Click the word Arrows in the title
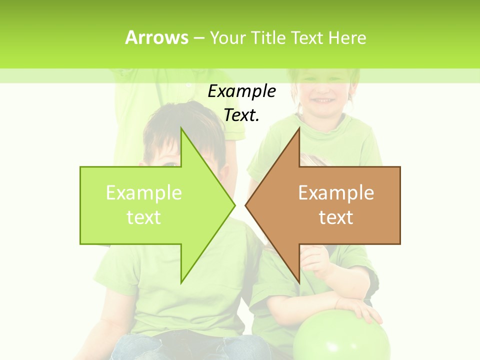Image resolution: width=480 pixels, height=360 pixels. tap(156, 37)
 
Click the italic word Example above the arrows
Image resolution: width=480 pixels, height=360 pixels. tap(241, 91)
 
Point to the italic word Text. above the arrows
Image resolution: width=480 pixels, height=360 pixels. tap(241, 115)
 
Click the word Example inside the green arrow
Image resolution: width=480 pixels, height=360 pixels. tap(144, 193)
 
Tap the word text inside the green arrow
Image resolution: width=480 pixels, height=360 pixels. tap(144, 217)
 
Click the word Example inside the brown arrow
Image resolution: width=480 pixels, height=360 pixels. tap(336, 193)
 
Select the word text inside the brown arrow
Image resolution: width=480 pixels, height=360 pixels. tap(336, 217)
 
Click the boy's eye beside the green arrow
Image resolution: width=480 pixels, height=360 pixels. tap(170, 164)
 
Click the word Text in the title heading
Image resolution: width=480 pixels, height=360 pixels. tap(306, 38)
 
